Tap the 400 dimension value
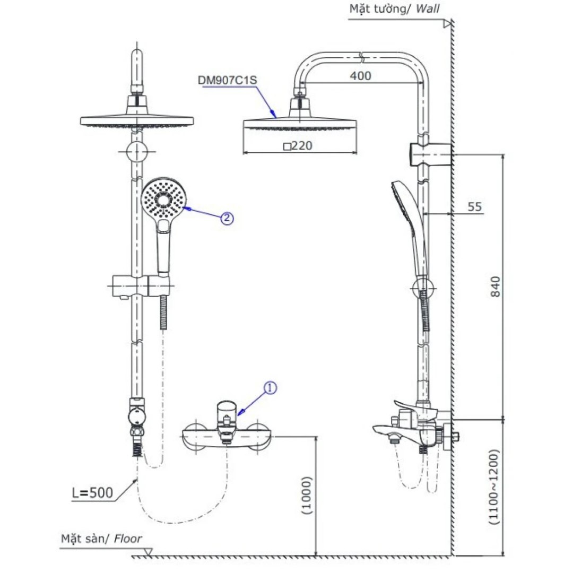pos(360,76)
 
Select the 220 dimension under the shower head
pos(298,145)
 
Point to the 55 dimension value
pos(475,206)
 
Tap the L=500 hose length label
pos(92,493)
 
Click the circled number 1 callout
pos(270,388)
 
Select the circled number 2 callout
pos(227,218)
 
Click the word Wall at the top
pos(428,8)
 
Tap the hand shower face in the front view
pos(163,201)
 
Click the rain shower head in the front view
pos(136,120)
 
